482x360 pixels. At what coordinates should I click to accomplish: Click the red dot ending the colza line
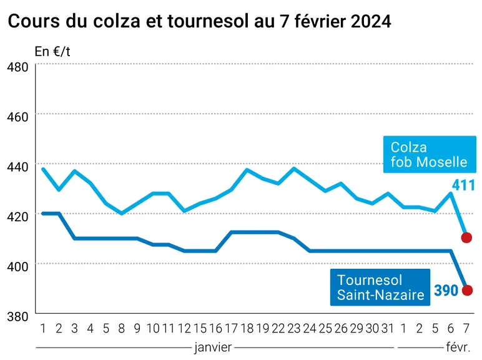466,237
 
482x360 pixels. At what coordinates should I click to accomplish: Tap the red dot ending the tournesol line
467,290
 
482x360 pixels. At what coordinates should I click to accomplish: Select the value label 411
463,185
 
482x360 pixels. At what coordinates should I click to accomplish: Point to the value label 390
446,290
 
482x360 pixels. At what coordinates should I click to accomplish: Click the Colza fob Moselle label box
430,154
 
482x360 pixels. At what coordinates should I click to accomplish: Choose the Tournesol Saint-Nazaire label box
380,287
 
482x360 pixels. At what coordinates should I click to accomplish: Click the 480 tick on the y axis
17,67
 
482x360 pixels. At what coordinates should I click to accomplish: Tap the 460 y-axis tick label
17,117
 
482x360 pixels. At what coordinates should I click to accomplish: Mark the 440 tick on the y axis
17,167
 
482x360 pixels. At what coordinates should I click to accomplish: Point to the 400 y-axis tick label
17,266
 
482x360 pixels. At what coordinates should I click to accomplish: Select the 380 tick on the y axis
17,316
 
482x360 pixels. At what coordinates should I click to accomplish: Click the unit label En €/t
52,51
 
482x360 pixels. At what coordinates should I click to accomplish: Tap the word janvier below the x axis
213,347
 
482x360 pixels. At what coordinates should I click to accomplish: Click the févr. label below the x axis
458,347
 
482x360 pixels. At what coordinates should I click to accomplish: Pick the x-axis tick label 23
294,329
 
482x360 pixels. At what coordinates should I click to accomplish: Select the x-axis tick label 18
247,329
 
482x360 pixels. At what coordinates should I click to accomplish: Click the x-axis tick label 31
388,329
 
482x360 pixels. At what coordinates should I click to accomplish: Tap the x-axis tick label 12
184,329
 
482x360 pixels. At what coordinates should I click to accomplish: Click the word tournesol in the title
208,21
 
